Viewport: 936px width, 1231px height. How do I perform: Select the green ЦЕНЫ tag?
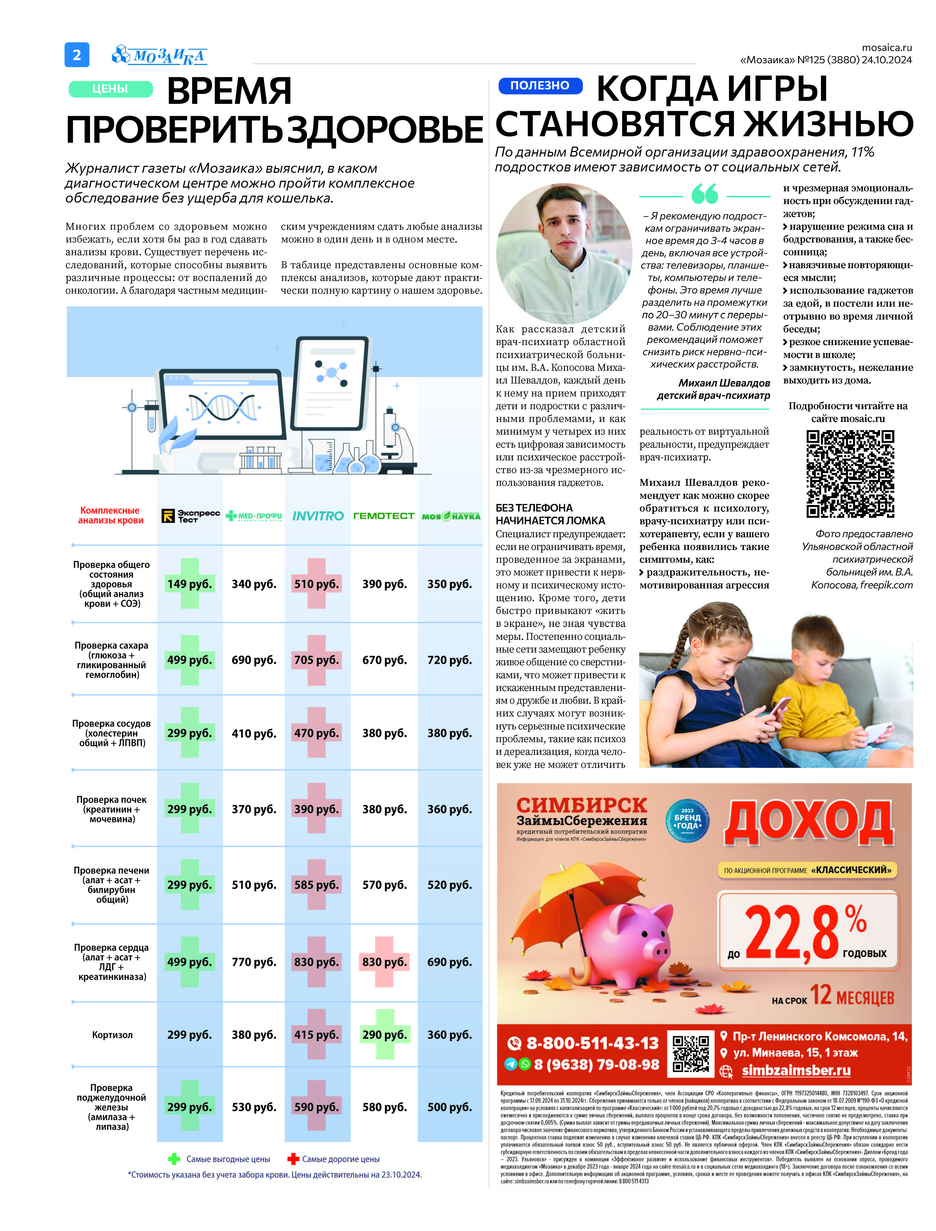point(110,89)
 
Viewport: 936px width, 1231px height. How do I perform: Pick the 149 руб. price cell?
point(190,584)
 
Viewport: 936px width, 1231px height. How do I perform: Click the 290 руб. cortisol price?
point(384,1035)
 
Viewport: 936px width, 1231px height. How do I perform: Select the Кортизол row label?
point(112,1035)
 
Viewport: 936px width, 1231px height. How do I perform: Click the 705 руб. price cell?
point(316,660)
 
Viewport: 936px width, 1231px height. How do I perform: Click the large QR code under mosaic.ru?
point(850,474)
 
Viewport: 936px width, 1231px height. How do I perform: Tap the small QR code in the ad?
point(691,1054)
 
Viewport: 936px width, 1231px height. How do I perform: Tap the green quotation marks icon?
point(705,195)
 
